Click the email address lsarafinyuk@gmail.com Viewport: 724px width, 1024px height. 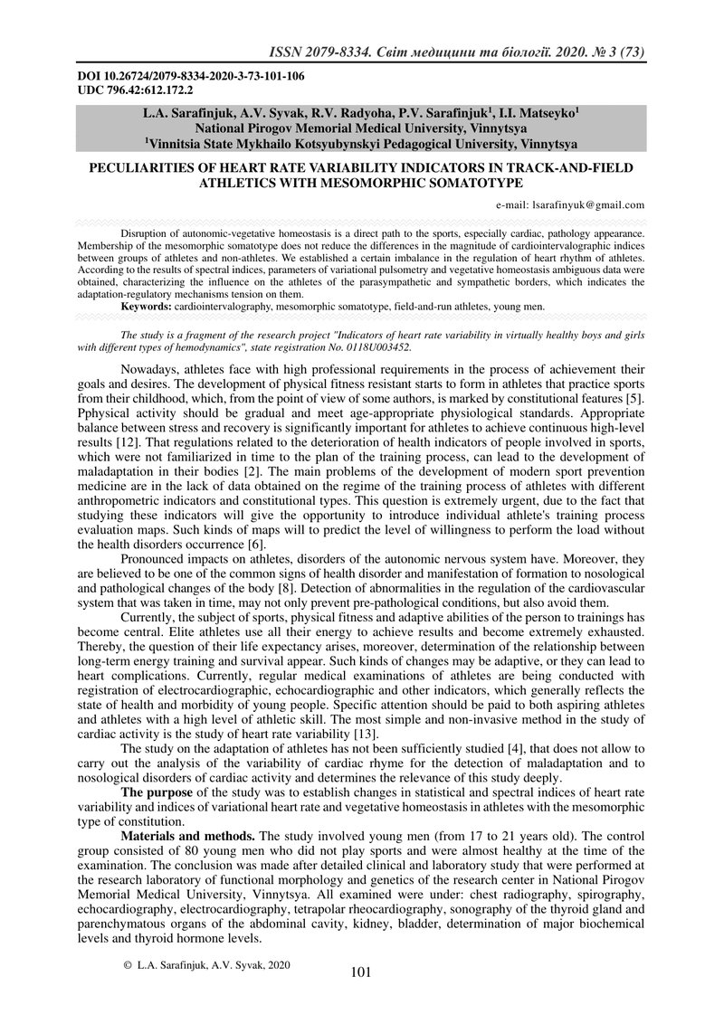(589, 205)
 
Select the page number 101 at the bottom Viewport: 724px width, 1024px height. (361, 972)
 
